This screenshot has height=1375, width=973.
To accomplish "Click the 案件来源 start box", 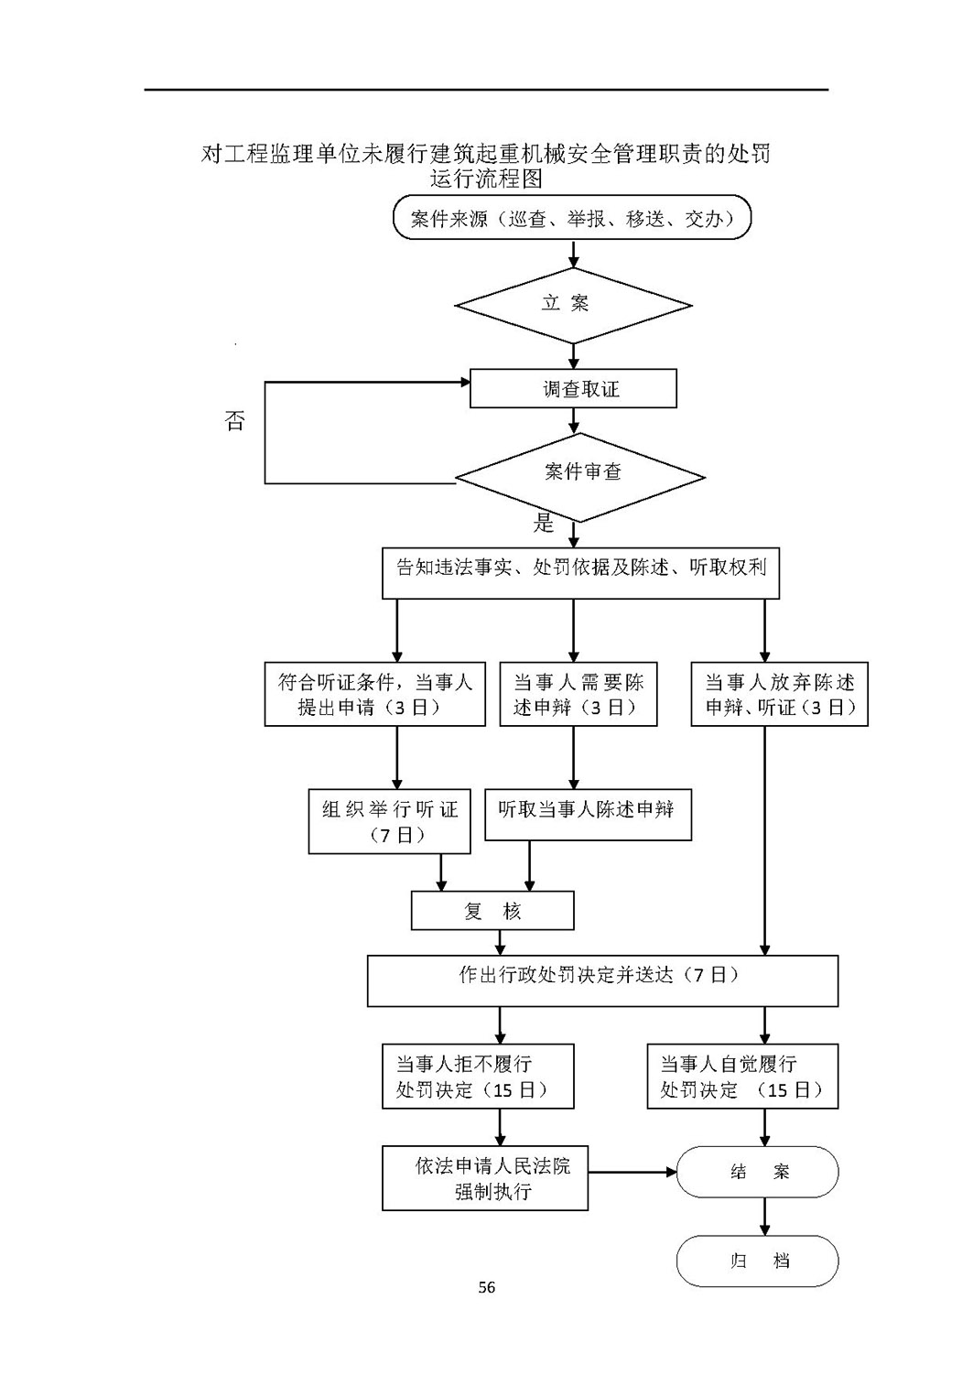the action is click(x=572, y=217).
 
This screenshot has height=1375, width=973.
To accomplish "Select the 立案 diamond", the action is click(x=573, y=305).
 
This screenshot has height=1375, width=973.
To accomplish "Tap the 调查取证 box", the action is click(x=573, y=388).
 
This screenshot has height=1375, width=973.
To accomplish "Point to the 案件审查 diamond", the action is click(x=580, y=478).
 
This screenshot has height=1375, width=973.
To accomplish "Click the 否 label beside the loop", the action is click(x=234, y=421).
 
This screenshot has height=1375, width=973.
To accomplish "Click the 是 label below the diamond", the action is click(x=544, y=523).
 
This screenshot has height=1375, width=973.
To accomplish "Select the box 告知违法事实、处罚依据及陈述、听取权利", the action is click(x=580, y=573).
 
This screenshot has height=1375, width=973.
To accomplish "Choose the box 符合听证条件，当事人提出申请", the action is click(x=375, y=694).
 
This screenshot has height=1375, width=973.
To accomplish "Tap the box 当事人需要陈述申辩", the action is click(x=578, y=694).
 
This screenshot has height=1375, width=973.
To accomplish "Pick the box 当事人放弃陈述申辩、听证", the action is click(x=780, y=694).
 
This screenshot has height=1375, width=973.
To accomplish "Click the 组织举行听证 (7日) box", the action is click(x=389, y=821).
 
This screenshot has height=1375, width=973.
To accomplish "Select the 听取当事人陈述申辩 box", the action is click(x=588, y=815).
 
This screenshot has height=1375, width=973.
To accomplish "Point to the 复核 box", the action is click(x=492, y=911).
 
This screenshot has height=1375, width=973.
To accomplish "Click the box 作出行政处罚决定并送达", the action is click(x=603, y=981).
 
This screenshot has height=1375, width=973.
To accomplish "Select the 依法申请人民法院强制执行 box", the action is click(x=485, y=1178).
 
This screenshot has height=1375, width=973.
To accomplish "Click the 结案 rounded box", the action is click(x=758, y=1172).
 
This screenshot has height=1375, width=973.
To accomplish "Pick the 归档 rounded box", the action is click(x=758, y=1261).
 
